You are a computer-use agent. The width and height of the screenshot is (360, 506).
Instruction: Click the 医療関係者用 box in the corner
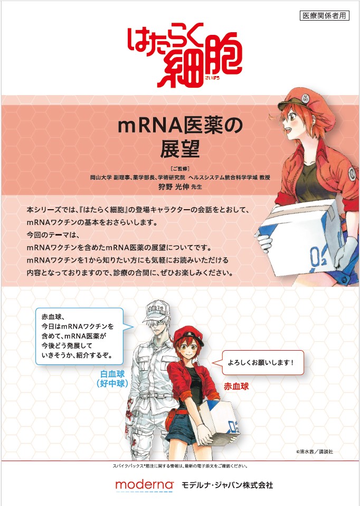click(x=325, y=15)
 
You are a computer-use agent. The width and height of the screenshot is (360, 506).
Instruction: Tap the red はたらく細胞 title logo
click(x=185, y=55)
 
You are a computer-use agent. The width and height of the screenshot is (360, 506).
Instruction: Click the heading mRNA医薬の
click(x=180, y=126)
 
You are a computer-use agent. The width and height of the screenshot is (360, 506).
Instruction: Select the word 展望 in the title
click(x=180, y=149)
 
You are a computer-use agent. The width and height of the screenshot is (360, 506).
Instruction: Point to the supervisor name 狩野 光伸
click(x=174, y=186)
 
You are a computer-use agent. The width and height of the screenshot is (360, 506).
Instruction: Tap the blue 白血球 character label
click(x=112, y=374)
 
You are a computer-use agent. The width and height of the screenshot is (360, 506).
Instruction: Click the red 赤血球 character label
click(x=236, y=386)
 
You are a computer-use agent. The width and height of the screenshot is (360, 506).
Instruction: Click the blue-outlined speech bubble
click(x=81, y=336)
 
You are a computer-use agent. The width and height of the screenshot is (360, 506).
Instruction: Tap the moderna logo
click(x=145, y=484)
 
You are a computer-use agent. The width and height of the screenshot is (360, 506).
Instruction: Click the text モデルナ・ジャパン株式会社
click(x=228, y=485)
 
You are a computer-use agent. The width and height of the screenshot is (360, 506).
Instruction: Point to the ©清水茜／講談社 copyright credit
click(x=315, y=452)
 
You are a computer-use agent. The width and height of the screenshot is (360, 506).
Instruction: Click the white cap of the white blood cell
click(x=157, y=311)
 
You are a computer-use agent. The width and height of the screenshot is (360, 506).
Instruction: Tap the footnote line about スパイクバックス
click(x=180, y=466)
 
